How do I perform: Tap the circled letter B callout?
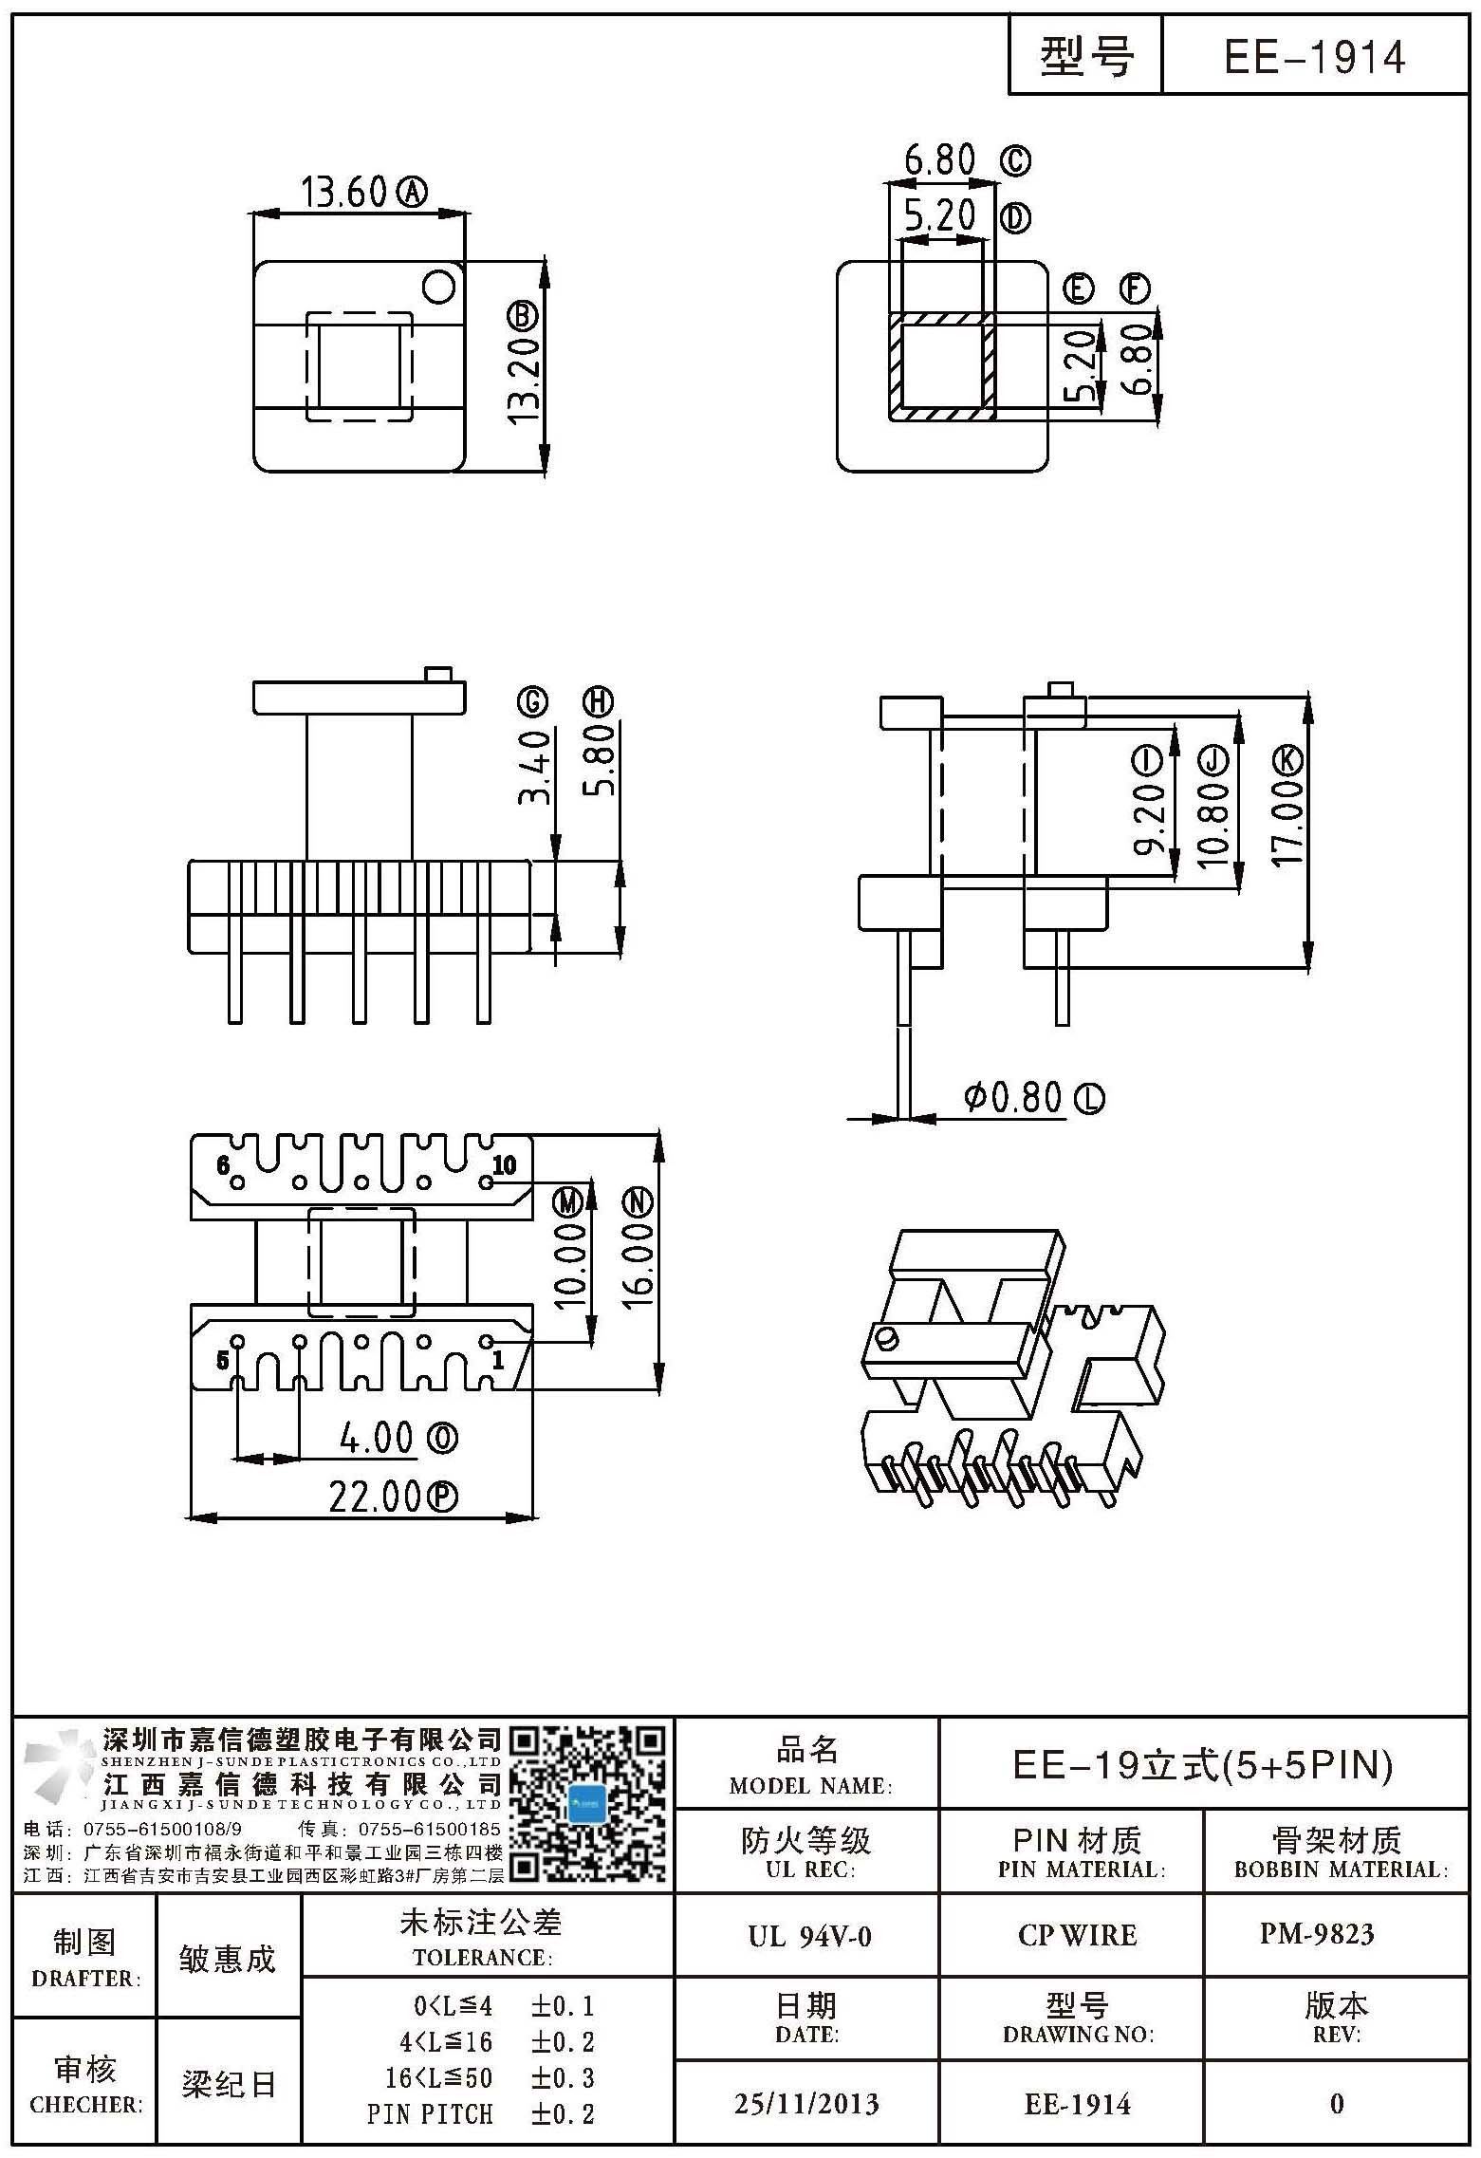524,316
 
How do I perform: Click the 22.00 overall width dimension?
375,1497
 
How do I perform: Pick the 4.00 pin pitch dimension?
377,1439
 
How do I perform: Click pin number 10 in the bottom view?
505,1164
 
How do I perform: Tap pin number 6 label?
223,1164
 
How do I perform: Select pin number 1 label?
498,1361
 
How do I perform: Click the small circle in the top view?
439,286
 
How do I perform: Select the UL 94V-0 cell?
809,1936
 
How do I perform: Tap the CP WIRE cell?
1077,1935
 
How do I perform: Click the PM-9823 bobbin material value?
1317,1934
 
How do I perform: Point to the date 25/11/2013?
806,2105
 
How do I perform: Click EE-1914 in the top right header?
1314,57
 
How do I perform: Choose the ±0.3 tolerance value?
563,2078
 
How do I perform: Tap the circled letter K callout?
1287,760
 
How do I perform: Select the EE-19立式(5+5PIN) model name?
1203,1764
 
